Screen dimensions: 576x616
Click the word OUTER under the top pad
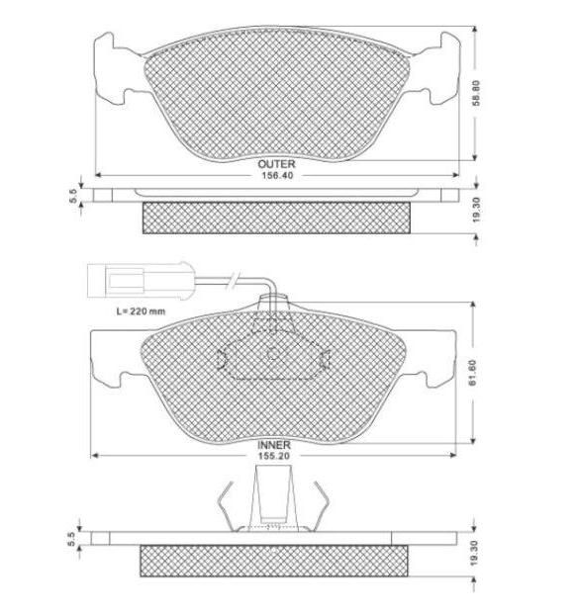pos(276,163)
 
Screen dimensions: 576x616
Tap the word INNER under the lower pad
pos(274,445)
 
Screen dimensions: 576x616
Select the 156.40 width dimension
pos(277,175)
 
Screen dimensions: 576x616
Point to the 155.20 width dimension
pos(274,456)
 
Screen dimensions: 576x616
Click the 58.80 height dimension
pos(476,93)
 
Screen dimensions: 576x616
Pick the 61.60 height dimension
pos(473,373)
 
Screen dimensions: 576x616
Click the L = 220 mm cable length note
pos(141,311)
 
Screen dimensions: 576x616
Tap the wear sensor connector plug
pos(142,281)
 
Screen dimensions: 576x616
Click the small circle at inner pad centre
pos(273,354)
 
